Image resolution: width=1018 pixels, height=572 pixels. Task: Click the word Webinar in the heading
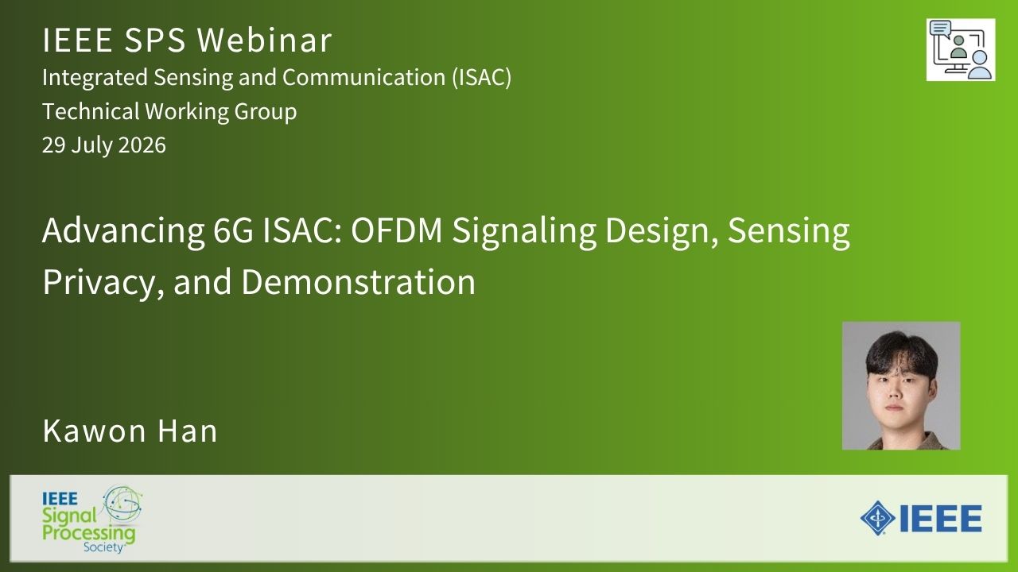pyautogui.click(x=264, y=41)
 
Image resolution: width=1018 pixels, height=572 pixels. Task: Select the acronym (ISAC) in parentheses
pyautogui.click(x=481, y=77)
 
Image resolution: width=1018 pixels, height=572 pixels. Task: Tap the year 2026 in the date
pyautogui.click(x=142, y=145)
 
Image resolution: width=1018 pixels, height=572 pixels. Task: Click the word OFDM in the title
pyautogui.click(x=396, y=230)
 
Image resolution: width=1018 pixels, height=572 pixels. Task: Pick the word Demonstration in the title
pyautogui.click(x=358, y=282)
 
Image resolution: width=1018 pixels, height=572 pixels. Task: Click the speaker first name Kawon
pyautogui.click(x=95, y=431)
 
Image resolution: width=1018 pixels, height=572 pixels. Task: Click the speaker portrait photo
pyautogui.click(x=901, y=386)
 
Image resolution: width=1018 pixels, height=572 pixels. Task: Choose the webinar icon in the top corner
pyautogui.click(x=961, y=50)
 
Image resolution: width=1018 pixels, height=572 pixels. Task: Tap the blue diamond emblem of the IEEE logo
pyautogui.click(x=877, y=518)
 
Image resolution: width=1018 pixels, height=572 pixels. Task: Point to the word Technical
pyautogui.click(x=91, y=111)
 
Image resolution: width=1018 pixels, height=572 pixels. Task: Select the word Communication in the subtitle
pyautogui.click(x=363, y=77)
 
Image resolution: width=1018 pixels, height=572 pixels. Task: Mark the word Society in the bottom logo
pyautogui.click(x=103, y=547)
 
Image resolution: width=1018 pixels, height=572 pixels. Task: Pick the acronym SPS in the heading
pyautogui.click(x=154, y=41)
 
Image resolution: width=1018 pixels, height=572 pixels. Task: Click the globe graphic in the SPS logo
pyautogui.click(x=122, y=503)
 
